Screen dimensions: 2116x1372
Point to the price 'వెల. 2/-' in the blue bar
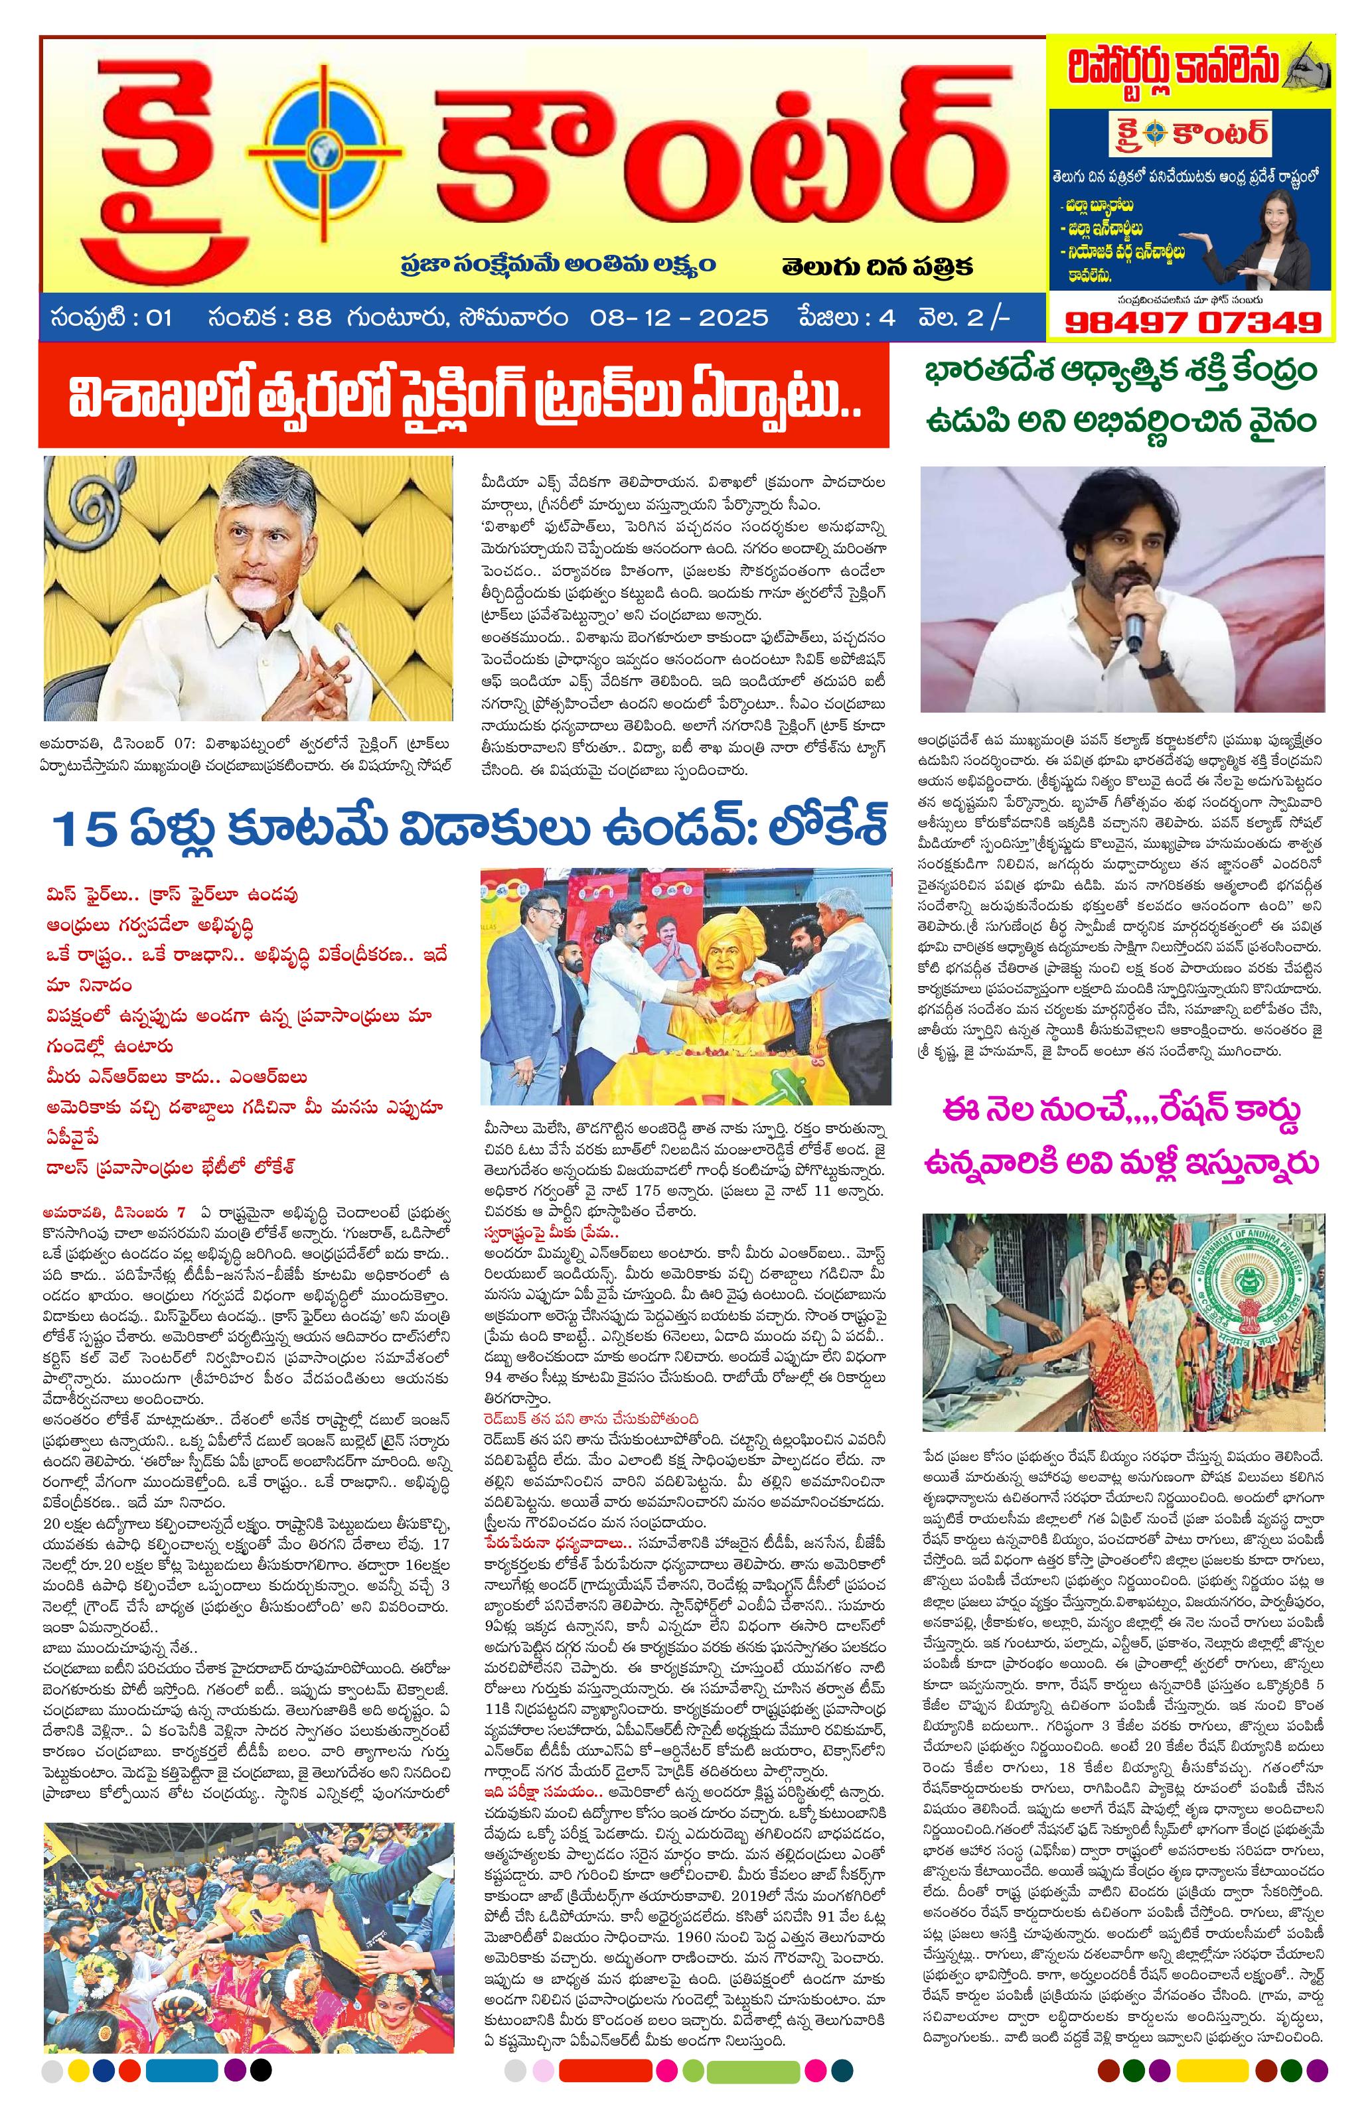pos(964,317)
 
